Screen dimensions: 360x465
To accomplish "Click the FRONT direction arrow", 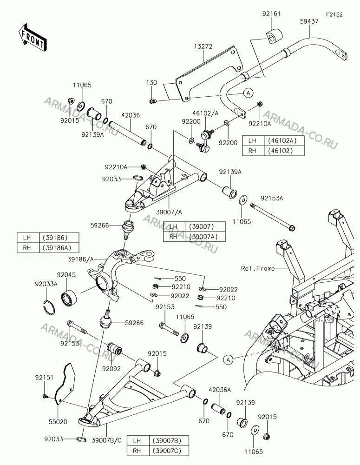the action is point(33,37).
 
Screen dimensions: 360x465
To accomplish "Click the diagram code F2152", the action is point(334,14).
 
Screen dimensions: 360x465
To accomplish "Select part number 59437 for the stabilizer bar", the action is point(309,21).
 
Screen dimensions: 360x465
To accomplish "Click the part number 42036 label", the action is point(131,115).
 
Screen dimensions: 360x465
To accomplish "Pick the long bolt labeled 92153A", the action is point(273,217).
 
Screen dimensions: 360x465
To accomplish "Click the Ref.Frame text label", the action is point(258,268).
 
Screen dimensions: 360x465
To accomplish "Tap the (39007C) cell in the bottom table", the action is point(169,451).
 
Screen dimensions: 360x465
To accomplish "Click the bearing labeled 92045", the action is point(69,297).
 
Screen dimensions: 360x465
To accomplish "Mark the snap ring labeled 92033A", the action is point(48,306).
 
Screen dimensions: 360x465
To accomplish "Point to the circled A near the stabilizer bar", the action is point(249,93).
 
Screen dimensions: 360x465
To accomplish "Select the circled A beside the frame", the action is point(228,360).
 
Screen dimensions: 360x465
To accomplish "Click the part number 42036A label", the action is point(220,390).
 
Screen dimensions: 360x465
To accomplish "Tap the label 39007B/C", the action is point(107,440).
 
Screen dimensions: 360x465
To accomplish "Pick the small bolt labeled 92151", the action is point(46,396).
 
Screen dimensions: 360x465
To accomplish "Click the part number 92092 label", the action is point(111,369).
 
